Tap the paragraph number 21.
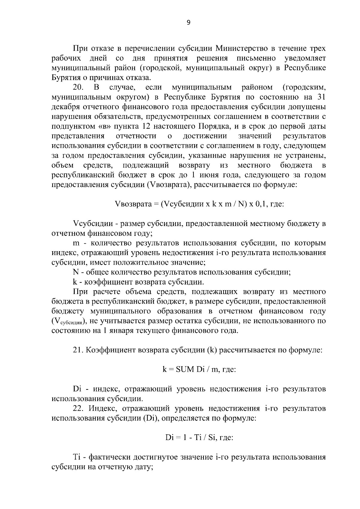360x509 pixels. pos(78,350)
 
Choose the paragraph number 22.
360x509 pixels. pos(79,409)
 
